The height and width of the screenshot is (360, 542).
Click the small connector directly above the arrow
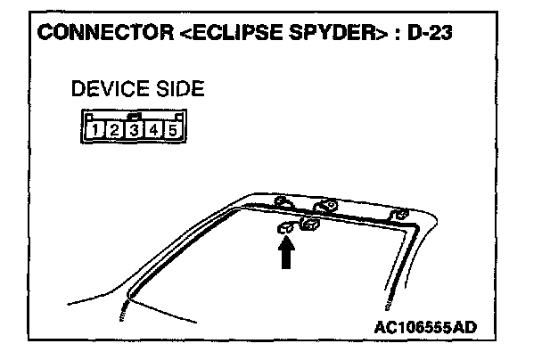click(x=287, y=228)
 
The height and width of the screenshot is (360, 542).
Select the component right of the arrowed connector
click(x=311, y=225)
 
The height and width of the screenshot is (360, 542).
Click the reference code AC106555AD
click(x=426, y=326)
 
